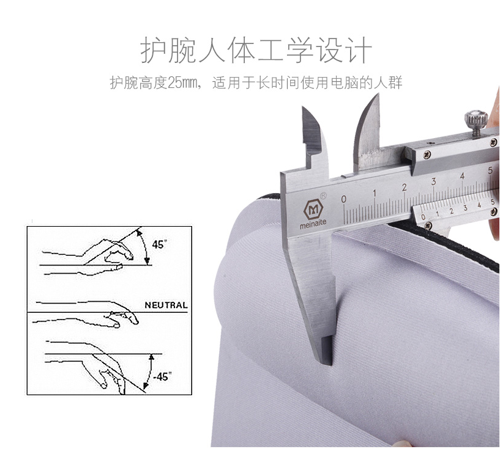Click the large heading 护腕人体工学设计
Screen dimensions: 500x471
(x=256, y=50)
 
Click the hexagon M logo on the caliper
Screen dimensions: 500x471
(x=313, y=209)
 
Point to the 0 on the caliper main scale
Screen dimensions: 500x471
(x=343, y=199)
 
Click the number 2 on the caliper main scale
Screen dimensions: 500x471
(x=405, y=188)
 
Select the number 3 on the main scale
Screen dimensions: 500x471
(x=433, y=181)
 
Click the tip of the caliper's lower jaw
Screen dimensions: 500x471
(x=326, y=363)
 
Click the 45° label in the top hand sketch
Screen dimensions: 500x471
(x=160, y=244)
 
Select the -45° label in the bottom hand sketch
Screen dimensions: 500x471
(x=162, y=376)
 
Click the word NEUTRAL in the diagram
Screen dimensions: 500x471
(x=166, y=305)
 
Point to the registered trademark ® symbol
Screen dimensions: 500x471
(x=323, y=195)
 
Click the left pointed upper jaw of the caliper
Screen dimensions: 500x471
(x=314, y=137)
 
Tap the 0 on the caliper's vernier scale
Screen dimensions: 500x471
(x=423, y=217)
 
